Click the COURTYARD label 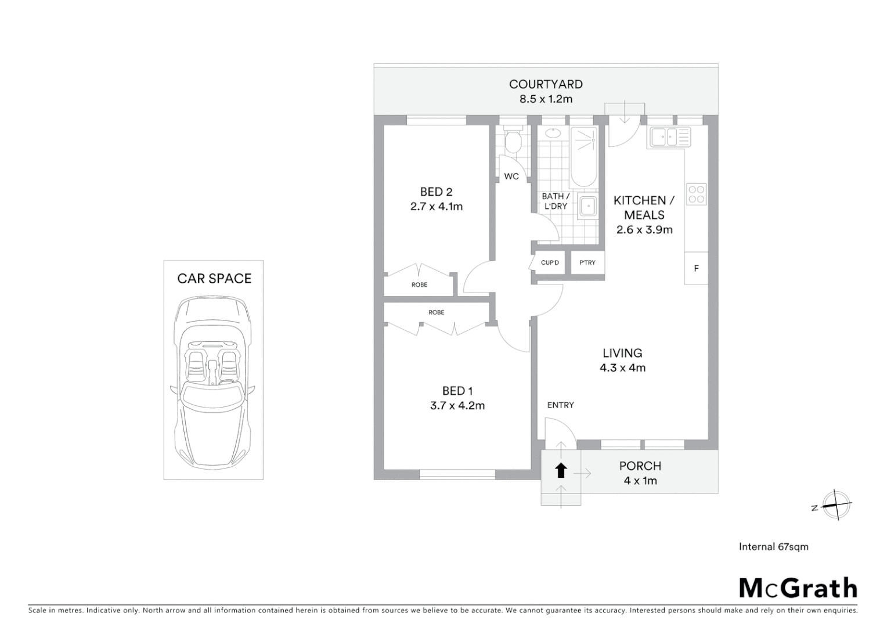(x=545, y=84)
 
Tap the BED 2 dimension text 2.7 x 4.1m (x=436, y=207)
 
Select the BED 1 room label (x=457, y=391)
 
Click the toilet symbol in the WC (x=512, y=142)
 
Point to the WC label (x=511, y=176)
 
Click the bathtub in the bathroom (x=583, y=157)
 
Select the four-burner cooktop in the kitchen (x=696, y=194)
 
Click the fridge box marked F (x=696, y=268)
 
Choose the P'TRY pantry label (x=587, y=262)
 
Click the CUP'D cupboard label (x=549, y=262)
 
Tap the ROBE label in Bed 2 (x=419, y=284)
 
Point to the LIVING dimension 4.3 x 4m (x=622, y=367)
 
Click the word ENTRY (x=560, y=405)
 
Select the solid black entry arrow (x=561, y=470)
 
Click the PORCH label (x=640, y=466)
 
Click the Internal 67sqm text (x=773, y=546)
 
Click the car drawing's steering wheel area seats (x=213, y=363)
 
